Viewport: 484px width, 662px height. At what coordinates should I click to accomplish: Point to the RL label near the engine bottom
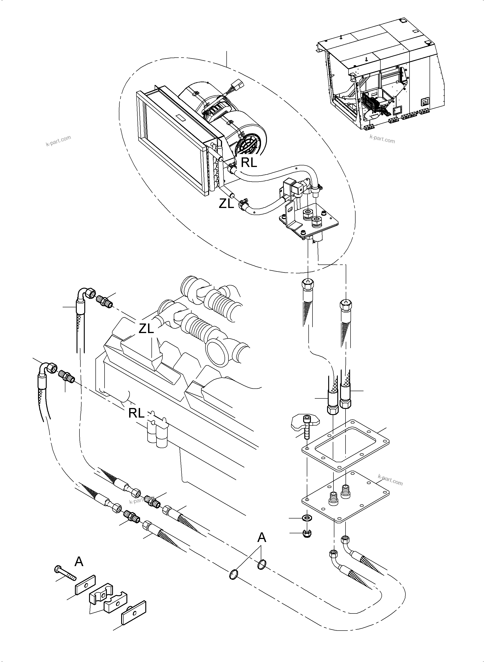coord(136,413)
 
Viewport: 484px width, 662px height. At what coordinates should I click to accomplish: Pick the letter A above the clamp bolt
coord(79,562)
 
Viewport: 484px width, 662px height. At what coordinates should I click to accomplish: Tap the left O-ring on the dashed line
coord(233,574)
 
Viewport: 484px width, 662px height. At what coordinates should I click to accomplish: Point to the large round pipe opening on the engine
coord(217,352)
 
